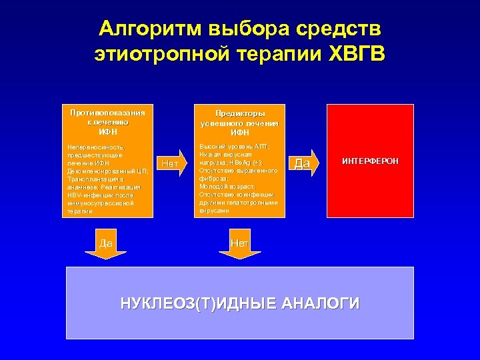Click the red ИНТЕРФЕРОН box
[x=370, y=161]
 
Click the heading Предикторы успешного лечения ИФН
[x=239, y=123]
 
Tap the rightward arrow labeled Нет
[x=170, y=163]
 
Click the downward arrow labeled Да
[x=106, y=245]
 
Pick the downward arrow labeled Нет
[x=240, y=245]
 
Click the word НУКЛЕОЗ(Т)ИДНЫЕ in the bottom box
[x=198, y=304]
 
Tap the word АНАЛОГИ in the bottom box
[x=321, y=304]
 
